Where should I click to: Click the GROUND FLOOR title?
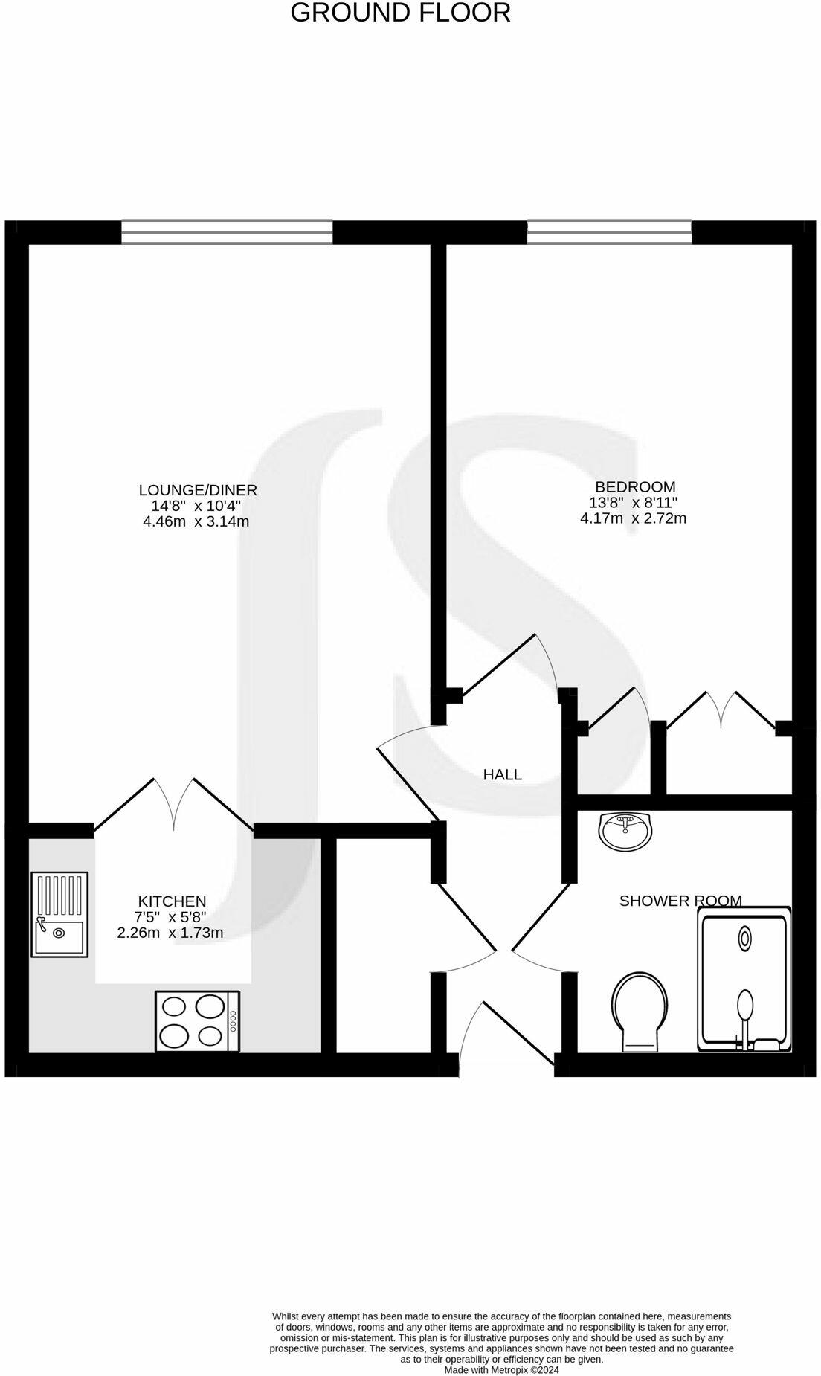tap(400, 13)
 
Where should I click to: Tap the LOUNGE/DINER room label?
tap(198, 490)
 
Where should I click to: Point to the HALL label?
tap(503, 774)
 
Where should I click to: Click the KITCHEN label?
tap(172, 901)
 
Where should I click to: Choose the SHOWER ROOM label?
tap(680, 901)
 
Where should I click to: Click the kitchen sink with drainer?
tap(59, 914)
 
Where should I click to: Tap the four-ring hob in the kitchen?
tap(197, 1021)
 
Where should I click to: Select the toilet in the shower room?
tap(640, 1012)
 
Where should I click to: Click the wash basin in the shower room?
tap(625, 832)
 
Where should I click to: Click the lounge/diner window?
tap(227, 232)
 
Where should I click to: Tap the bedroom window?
tap(609, 232)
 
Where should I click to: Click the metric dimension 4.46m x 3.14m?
tap(196, 521)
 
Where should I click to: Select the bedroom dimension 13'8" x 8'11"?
tap(634, 503)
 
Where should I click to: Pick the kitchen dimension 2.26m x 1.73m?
tap(170, 933)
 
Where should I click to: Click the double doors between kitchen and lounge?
tap(175, 805)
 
